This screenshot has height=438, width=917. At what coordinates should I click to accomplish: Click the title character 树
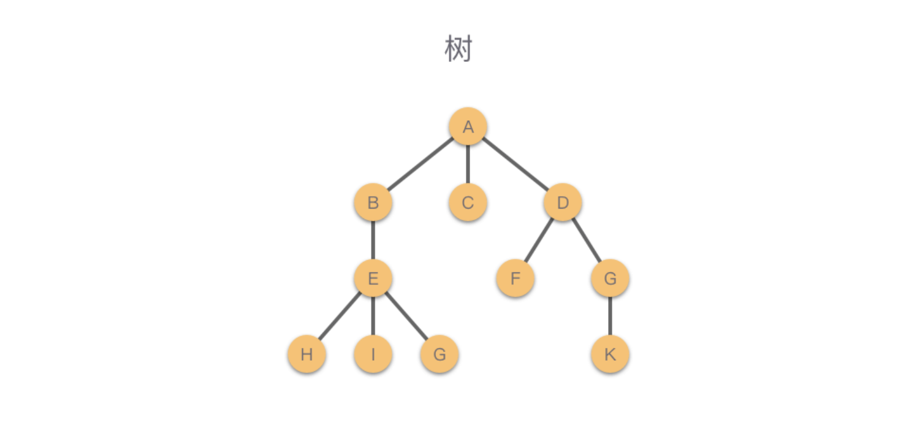458,50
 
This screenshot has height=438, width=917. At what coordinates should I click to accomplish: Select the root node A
468,127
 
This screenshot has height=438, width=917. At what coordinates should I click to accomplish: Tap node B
373,202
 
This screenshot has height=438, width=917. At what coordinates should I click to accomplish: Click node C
468,202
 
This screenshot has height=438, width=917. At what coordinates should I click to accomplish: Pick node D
563,202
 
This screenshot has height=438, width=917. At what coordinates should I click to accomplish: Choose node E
373,279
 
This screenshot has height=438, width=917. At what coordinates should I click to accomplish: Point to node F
515,279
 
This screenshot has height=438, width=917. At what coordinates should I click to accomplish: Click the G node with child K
610,279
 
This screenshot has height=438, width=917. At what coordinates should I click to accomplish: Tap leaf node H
306,354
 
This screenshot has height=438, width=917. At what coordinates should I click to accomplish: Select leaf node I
373,354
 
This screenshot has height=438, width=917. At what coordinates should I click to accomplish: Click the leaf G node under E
439,354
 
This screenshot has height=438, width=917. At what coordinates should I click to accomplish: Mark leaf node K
610,354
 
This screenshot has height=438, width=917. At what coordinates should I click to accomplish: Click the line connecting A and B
420,164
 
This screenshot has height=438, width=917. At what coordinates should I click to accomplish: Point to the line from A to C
468,164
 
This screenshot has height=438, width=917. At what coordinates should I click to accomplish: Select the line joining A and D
515,164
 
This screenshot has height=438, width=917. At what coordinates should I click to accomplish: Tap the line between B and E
373,240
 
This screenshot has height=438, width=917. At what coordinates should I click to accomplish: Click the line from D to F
539,240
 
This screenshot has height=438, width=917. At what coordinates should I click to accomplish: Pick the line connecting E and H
340,317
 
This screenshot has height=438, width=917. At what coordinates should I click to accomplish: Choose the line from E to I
373,317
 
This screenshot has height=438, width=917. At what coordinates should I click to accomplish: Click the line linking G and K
610,317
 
